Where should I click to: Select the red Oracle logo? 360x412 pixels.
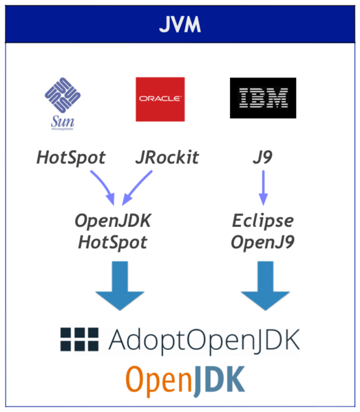click(160, 99)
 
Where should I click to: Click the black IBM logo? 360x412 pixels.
click(262, 98)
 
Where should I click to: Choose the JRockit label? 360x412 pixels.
click(167, 158)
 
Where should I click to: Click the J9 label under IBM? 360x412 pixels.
click(262, 158)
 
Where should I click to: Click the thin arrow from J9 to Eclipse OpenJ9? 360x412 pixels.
click(262, 186)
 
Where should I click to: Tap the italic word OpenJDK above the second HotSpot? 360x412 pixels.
click(113, 221)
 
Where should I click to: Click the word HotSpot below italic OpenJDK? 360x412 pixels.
click(113, 242)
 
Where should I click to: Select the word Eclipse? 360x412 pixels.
click(262, 221)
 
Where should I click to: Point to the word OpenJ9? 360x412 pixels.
click(262, 242)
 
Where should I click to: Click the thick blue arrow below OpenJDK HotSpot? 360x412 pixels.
click(120, 290)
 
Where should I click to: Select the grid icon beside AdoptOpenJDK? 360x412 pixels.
click(79, 338)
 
